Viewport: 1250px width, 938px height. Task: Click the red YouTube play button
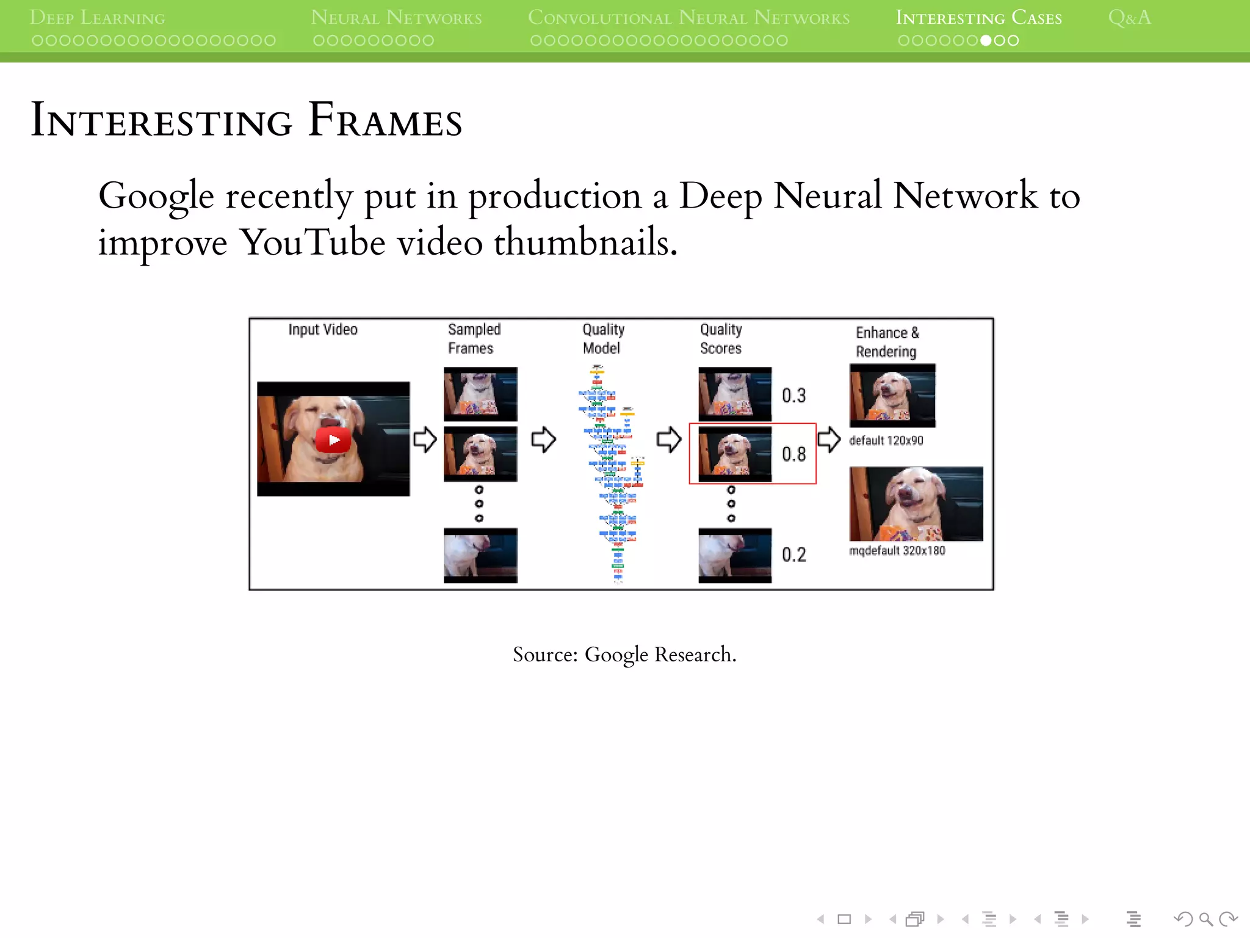(333, 440)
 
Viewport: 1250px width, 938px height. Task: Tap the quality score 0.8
(793, 454)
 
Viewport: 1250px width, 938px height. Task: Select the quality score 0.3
(793, 396)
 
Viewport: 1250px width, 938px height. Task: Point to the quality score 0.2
(793, 554)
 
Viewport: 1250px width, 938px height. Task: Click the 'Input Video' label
(322, 330)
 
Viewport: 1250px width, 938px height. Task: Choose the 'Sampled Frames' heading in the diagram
(474, 338)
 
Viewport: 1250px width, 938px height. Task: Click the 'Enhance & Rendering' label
(887, 342)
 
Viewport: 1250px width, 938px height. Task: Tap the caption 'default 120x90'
(886, 440)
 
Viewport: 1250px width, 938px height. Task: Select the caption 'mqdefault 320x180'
(897, 550)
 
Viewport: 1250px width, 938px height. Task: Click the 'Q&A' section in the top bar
(1129, 18)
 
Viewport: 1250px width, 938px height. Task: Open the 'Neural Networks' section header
(396, 18)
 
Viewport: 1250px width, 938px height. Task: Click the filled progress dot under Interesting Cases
(986, 41)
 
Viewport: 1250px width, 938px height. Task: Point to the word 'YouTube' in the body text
(312, 242)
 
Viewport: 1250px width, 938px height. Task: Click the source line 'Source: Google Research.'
(624, 655)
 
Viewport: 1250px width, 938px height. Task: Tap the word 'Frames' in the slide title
(385, 120)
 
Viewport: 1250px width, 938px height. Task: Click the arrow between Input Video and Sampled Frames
(425, 440)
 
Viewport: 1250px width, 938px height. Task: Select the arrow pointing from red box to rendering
(829, 439)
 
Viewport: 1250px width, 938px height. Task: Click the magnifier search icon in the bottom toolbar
(1205, 918)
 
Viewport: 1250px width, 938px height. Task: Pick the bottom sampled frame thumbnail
(480, 555)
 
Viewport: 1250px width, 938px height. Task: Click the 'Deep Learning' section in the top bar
(98, 18)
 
